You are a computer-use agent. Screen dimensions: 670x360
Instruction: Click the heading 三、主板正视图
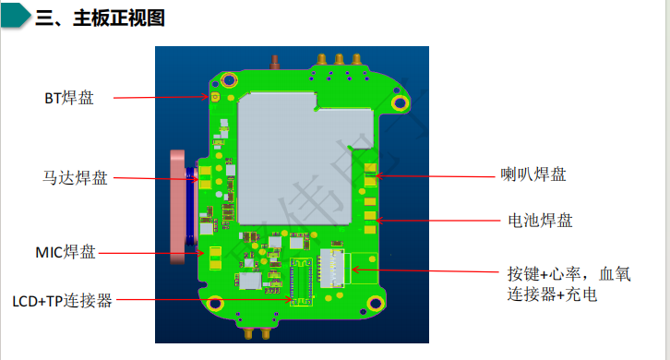pyautogui.click(x=100, y=18)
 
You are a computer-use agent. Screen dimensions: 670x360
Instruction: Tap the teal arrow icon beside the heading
pyautogui.click(x=16, y=16)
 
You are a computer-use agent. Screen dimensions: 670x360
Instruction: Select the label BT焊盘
pyautogui.click(x=69, y=98)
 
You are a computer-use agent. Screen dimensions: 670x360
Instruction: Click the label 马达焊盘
pyautogui.click(x=75, y=177)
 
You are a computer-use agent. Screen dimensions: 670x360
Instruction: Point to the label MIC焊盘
pyautogui.click(x=66, y=252)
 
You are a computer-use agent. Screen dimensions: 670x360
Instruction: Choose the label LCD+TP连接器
pyautogui.click(x=63, y=301)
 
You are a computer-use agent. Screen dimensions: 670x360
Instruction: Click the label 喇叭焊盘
pyautogui.click(x=533, y=174)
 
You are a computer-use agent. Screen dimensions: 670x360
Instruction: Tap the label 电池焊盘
pyautogui.click(x=540, y=221)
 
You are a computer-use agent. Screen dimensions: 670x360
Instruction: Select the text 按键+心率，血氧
pyautogui.click(x=568, y=274)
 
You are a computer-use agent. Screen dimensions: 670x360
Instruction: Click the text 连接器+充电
pyautogui.click(x=552, y=294)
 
